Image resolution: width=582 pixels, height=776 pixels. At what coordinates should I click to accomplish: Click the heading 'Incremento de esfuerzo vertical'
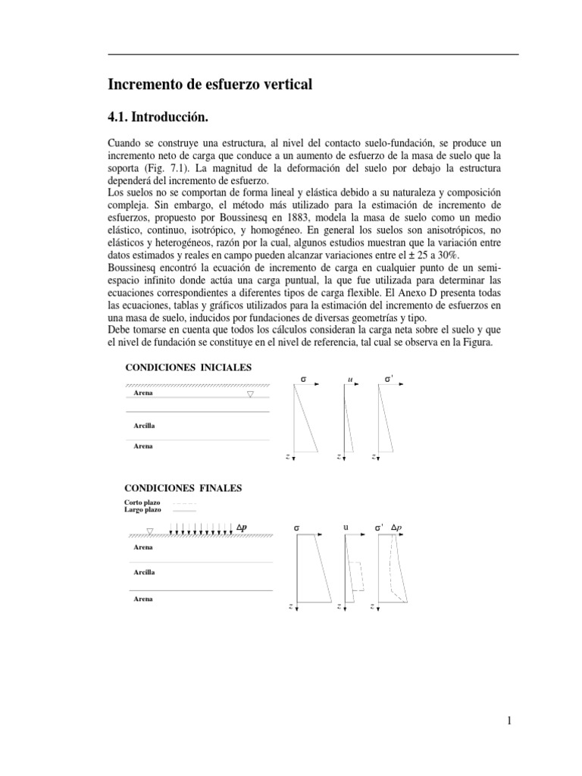[211, 85]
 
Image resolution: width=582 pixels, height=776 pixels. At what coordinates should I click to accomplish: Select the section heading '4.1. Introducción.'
[158, 117]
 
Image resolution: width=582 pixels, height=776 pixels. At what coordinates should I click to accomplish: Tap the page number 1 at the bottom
[510, 721]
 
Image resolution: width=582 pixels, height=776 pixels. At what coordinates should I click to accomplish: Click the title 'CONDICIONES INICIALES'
[187, 368]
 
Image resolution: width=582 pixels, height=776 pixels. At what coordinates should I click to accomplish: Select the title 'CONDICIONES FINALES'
[183, 488]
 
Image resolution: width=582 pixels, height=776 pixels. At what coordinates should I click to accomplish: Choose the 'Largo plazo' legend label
[142, 511]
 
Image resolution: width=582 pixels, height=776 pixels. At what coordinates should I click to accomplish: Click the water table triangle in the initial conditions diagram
[250, 394]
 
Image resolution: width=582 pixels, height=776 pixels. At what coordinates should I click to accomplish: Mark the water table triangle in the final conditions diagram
[150, 531]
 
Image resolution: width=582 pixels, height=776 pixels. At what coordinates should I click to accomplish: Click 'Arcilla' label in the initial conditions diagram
[144, 426]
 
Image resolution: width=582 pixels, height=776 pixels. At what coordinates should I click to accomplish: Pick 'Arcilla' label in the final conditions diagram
[144, 572]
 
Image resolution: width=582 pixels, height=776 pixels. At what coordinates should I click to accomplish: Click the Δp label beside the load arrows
[242, 527]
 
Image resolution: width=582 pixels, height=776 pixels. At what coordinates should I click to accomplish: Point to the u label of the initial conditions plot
[350, 378]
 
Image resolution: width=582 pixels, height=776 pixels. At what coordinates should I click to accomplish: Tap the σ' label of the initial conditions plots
[388, 378]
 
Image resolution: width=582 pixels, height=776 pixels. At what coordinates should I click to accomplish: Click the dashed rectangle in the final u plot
[356, 576]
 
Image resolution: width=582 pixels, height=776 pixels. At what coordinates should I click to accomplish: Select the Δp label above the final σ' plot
[396, 527]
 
